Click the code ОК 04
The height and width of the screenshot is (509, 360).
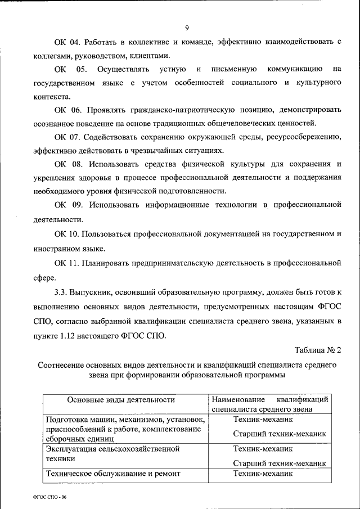[66, 43]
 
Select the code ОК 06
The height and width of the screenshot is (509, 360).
[66, 110]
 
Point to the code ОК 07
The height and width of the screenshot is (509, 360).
[66, 137]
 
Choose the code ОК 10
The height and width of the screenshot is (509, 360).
[66, 233]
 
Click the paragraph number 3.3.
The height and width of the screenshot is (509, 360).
[61, 292]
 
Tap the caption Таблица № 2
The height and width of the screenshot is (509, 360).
[319, 350]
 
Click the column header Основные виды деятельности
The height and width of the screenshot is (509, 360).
[121, 400]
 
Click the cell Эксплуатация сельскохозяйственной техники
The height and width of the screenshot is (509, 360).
[112, 454]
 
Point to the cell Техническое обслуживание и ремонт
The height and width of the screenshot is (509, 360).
[112, 474]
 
